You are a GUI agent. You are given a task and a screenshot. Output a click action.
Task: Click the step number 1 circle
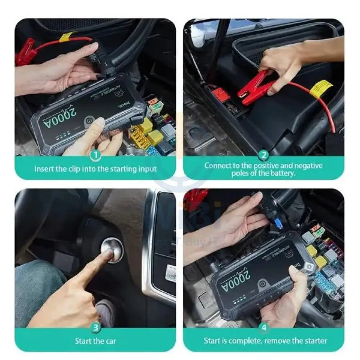(95, 156)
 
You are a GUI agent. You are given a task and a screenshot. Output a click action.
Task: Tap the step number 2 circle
(264, 156)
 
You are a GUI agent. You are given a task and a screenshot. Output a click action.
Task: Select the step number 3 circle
(95, 327)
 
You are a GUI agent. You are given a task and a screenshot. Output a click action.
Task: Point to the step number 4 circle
(264, 327)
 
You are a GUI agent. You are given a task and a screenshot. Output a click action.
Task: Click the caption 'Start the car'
(95, 340)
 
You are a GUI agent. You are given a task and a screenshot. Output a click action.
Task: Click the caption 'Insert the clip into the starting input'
(95, 168)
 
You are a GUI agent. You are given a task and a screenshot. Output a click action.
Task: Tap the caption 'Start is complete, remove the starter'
(265, 340)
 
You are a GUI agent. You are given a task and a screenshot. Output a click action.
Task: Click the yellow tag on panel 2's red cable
(320, 88)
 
